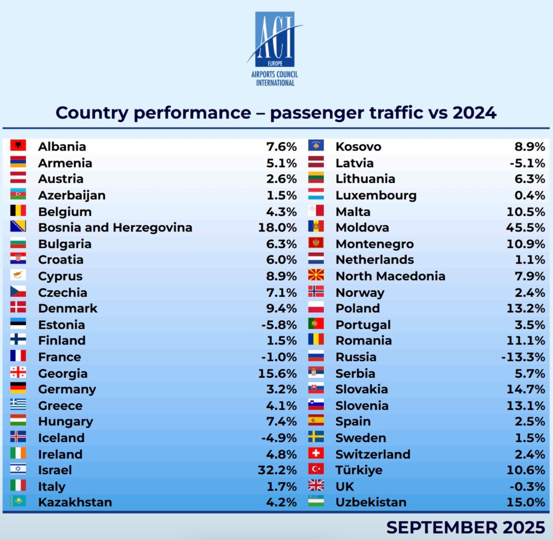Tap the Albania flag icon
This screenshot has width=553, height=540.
click(x=18, y=145)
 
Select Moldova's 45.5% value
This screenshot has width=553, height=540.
click(x=525, y=228)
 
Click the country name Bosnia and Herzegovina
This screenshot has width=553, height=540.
click(x=115, y=228)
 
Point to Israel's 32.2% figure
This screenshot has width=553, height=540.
click(x=277, y=470)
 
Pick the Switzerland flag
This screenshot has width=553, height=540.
click(x=316, y=453)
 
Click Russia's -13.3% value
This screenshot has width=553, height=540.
click(x=523, y=357)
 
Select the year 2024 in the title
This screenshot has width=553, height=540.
click(x=474, y=113)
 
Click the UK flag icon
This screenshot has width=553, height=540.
click(x=316, y=486)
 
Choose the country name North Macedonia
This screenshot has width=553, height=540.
click(x=390, y=276)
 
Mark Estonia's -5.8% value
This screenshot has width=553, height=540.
click(x=279, y=325)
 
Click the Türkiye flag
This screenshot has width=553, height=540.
click(x=316, y=469)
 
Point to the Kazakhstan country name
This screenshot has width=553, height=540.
click(x=75, y=502)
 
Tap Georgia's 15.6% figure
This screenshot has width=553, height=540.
click(x=277, y=374)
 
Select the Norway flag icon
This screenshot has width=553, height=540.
click(x=316, y=292)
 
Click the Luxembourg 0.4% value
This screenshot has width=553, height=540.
click(x=530, y=195)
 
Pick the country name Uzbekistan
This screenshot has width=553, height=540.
click(x=371, y=502)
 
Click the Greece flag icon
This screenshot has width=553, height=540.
click(x=18, y=405)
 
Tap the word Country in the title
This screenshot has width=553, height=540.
click(x=92, y=113)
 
